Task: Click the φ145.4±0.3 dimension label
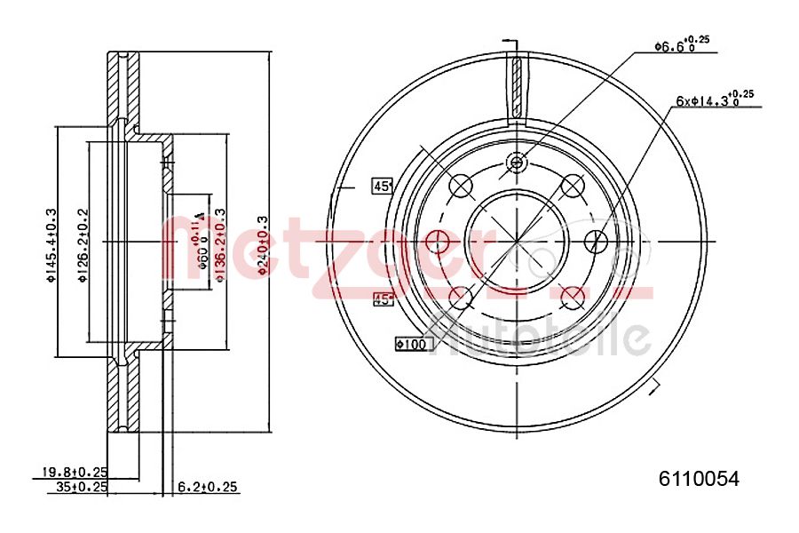[51, 244]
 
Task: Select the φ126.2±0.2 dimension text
[82, 244]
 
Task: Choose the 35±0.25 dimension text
[82, 487]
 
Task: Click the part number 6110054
[699, 479]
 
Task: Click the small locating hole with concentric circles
[517, 162]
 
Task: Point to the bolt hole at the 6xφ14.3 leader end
[597, 240]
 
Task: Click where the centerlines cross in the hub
[517, 240]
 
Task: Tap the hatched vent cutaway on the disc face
[517, 87]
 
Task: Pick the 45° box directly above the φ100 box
[384, 299]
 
